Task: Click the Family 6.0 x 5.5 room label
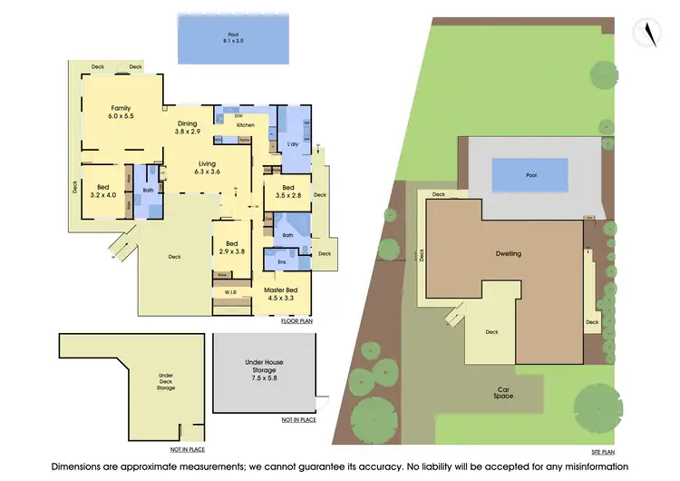pyautogui.click(x=121, y=112)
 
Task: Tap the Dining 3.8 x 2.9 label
pyautogui.click(x=187, y=128)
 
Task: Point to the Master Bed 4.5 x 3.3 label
pyautogui.click(x=281, y=293)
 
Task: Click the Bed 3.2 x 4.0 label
pyautogui.click(x=104, y=190)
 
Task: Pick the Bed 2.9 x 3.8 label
pyautogui.click(x=233, y=248)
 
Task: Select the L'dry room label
pyautogui.click(x=294, y=145)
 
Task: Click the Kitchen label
pyautogui.click(x=233, y=125)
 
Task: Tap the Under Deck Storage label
pyautogui.click(x=166, y=381)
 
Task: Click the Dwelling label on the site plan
pyautogui.click(x=509, y=254)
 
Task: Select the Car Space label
pyautogui.click(x=504, y=393)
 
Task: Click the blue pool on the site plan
pyautogui.click(x=530, y=173)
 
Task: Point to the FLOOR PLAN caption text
pyautogui.click(x=296, y=321)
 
